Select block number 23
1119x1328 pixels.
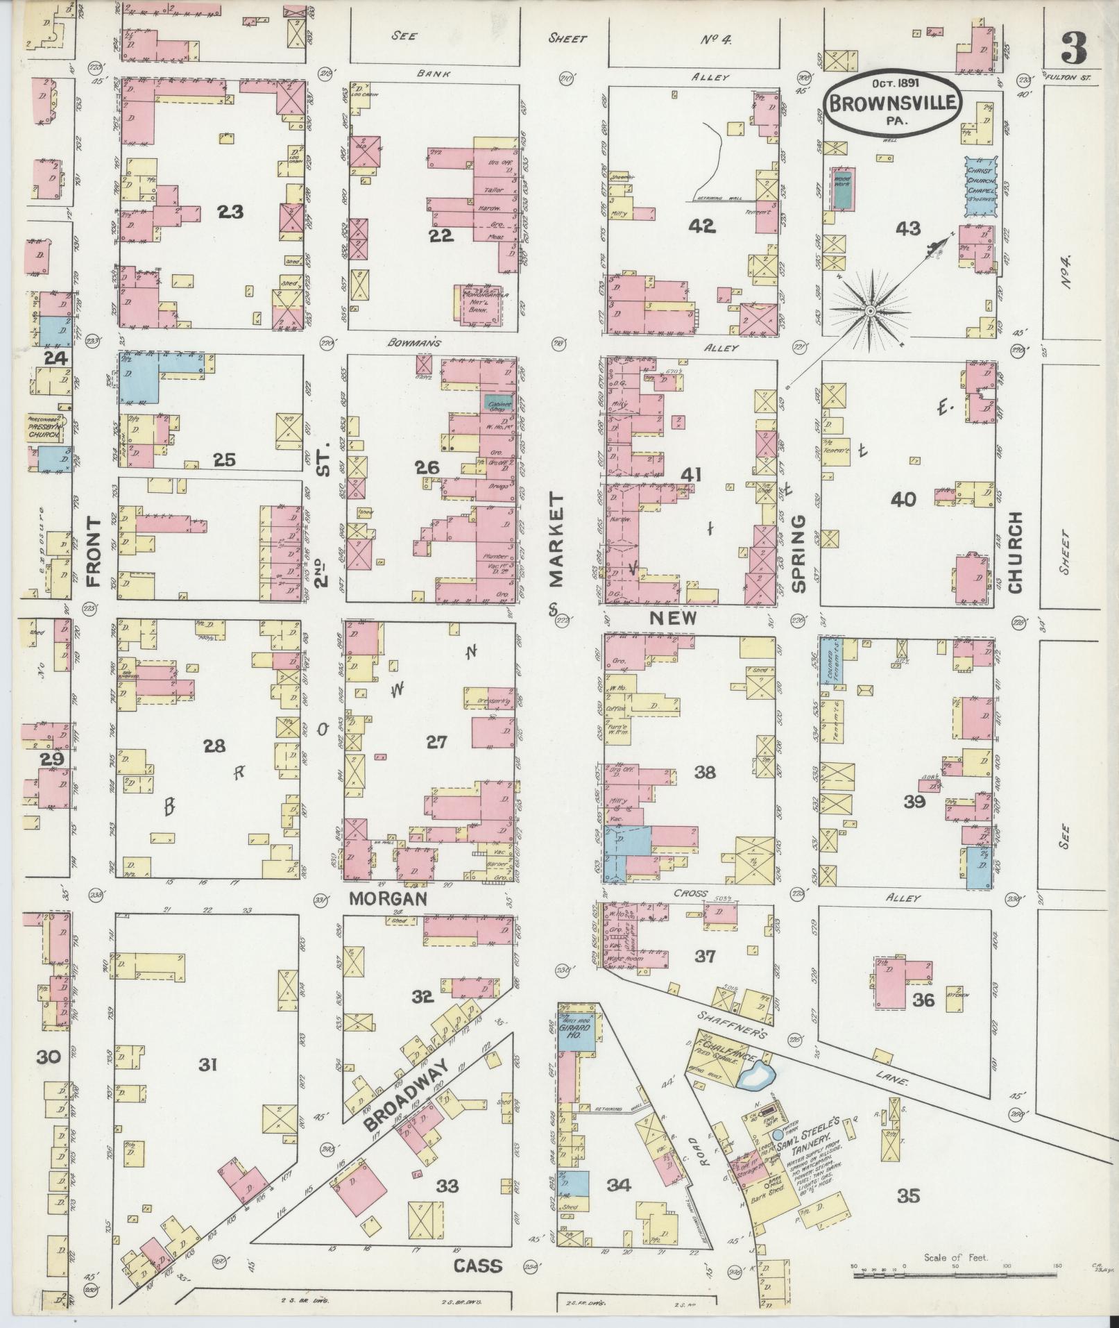230,212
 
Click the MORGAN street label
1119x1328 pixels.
386,898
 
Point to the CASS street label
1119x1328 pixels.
477,1265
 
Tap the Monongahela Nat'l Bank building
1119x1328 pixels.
484,303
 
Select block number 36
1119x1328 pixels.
924,1000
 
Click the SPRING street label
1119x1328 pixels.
798,553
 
